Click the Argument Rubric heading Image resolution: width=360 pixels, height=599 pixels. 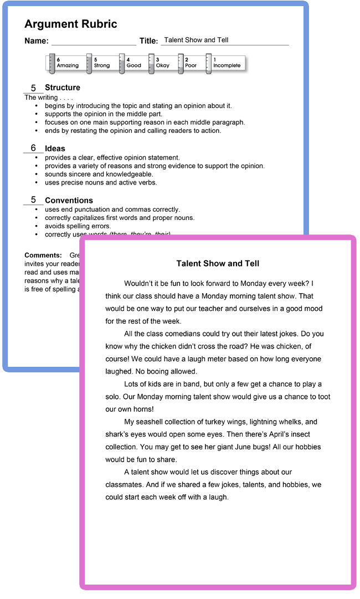[x=71, y=24]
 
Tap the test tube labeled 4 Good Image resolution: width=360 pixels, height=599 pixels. [x=122, y=63]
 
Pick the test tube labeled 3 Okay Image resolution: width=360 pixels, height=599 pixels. [x=151, y=63]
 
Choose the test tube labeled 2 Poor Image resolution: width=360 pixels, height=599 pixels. [x=181, y=63]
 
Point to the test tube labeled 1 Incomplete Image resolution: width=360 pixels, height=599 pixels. [x=209, y=63]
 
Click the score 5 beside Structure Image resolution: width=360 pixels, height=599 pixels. [x=33, y=88]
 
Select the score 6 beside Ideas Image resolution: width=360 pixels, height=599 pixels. [x=33, y=148]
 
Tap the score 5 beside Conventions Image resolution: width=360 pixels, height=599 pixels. [x=33, y=200]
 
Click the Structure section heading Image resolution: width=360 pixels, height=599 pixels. [x=63, y=88]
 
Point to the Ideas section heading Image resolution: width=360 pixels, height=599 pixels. [x=55, y=149]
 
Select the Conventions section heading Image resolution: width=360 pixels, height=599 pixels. [x=69, y=201]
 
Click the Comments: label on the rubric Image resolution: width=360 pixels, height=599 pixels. [x=43, y=255]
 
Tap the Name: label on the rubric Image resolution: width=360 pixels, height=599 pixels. [x=37, y=41]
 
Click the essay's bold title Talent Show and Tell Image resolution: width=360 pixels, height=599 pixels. [x=218, y=264]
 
